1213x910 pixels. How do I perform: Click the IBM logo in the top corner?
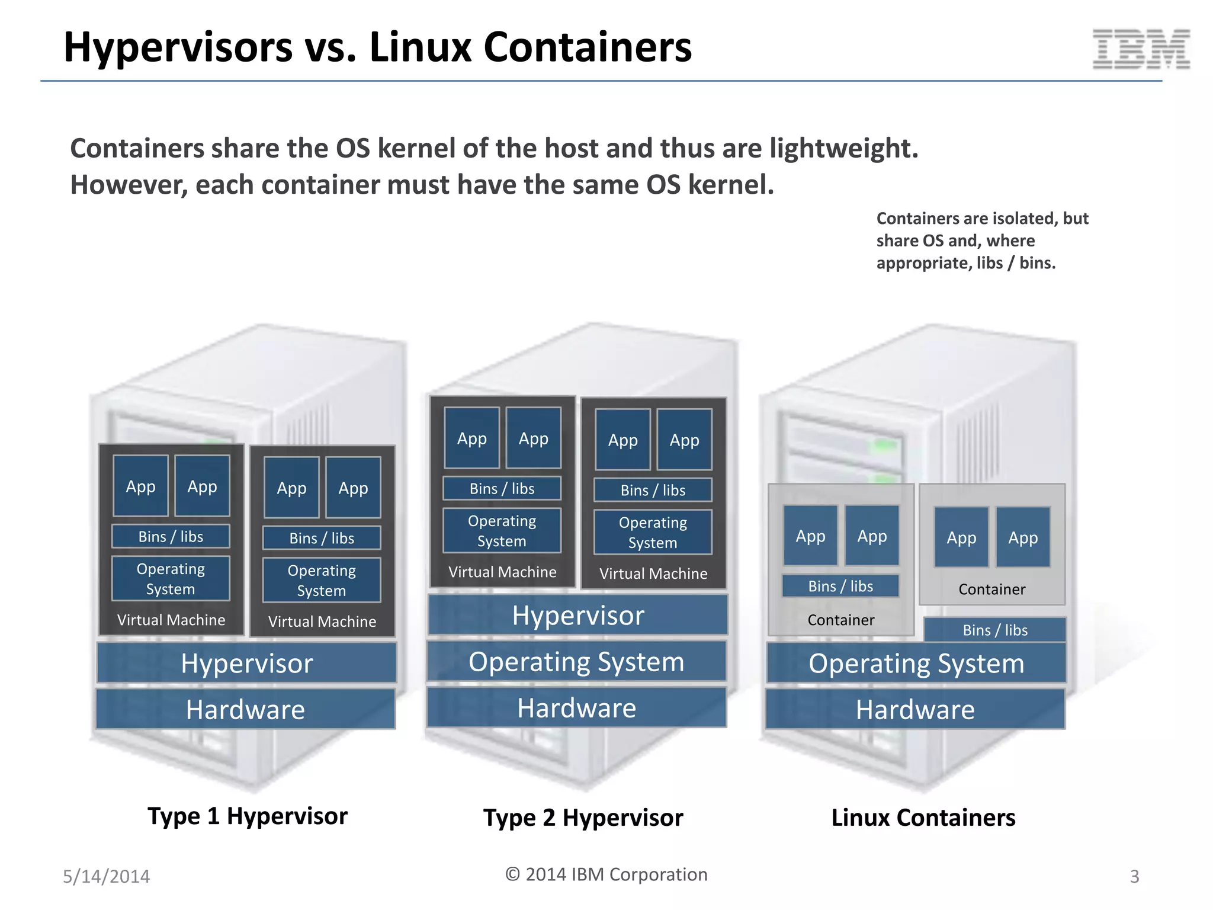[x=1141, y=49]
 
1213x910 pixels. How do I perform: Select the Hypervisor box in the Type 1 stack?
[x=246, y=663]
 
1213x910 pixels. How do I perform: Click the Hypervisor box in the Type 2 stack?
[x=577, y=615]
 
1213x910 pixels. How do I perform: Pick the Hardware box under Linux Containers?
[x=915, y=709]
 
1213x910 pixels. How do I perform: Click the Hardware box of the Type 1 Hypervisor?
[x=245, y=709]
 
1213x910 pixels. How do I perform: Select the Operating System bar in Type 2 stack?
[x=576, y=662]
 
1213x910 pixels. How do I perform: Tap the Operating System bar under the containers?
[x=916, y=664]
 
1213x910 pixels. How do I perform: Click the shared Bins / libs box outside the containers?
[x=995, y=630]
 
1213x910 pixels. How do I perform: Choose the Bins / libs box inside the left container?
[x=840, y=587]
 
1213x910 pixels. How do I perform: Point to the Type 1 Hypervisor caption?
[x=247, y=816]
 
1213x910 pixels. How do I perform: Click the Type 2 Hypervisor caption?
[x=583, y=818]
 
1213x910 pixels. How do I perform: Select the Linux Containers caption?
[x=923, y=818]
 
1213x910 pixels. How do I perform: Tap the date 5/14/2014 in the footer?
[x=107, y=876]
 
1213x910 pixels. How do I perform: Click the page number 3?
[x=1134, y=876]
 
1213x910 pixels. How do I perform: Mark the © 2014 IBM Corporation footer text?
[x=606, y=874]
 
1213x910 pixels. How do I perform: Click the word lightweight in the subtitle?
[x=843, y=149]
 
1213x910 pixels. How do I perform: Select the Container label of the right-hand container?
[x=991, y=589]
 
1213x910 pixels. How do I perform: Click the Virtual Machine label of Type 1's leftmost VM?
[x=171, y=620]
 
